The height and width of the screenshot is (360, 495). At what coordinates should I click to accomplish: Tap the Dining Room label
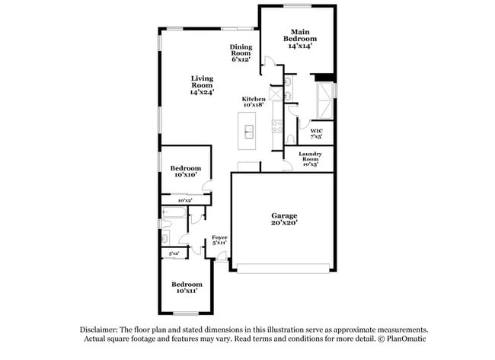[x=241, y=53]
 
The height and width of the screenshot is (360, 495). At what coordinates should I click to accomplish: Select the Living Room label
[x=202, y=85]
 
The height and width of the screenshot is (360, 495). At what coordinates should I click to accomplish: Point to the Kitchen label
[x=254, y=101]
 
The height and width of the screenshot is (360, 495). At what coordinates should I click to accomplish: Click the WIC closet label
[x=317, y=134]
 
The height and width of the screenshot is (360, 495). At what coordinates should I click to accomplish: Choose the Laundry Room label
[x=310, y=158]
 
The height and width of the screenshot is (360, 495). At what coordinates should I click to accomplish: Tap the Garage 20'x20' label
[x=284, y=219]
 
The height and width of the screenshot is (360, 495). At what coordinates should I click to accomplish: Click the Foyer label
[x=219, y=241]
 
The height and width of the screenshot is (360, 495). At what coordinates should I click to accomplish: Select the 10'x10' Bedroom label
[x=185, y=171]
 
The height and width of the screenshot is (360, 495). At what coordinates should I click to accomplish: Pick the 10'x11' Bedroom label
[x=187, y=287]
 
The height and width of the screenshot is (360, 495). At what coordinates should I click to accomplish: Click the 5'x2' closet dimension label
[x=174, y=253]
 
